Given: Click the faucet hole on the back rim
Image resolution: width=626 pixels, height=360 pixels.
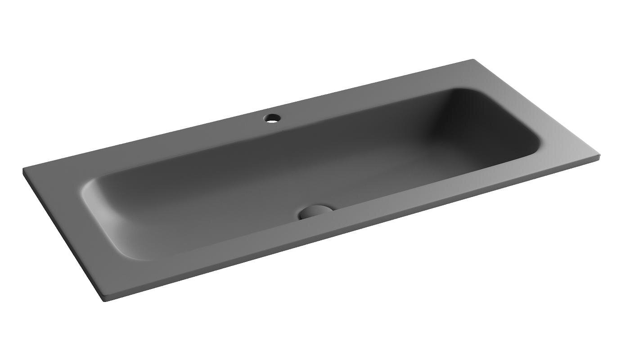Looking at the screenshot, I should coord(272,119).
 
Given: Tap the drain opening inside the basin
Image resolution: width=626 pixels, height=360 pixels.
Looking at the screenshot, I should coord(316,211).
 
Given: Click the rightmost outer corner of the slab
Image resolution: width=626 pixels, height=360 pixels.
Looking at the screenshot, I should coord(599,157).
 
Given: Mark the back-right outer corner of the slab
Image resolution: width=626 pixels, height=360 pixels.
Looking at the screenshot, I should coord(473,60).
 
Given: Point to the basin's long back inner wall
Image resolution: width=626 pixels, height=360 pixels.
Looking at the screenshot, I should coord(270,144).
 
